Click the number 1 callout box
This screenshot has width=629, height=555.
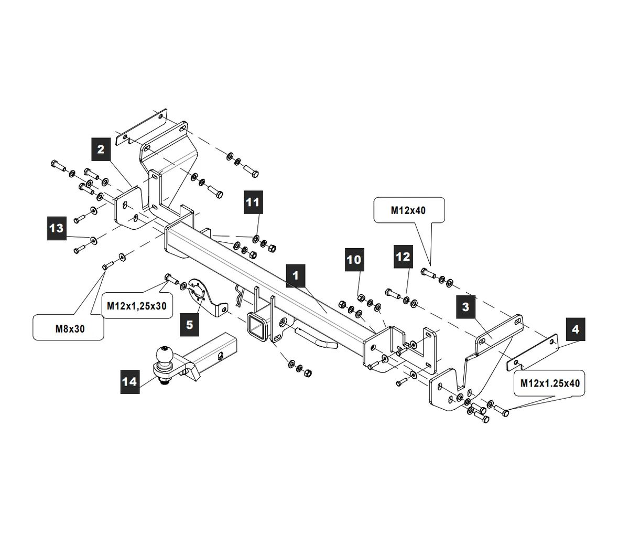(296, 275)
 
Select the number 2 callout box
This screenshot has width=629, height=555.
(101, 149)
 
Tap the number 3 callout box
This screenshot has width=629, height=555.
(465, 307)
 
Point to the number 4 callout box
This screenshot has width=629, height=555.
(576, 329)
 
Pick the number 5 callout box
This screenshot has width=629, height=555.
(189, 324)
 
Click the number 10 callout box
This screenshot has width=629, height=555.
(354, 260)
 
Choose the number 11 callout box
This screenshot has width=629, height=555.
(253, 202)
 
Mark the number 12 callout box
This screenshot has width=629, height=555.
(403, 257)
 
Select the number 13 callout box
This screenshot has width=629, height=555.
(56, 228)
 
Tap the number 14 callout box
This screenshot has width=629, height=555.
(129, 381)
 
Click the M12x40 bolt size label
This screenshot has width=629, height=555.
(408, 210)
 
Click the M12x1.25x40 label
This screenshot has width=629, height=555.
(550, 383)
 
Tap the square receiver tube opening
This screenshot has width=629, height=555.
(256, 325)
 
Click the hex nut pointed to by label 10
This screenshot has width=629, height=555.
(361, 298)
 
